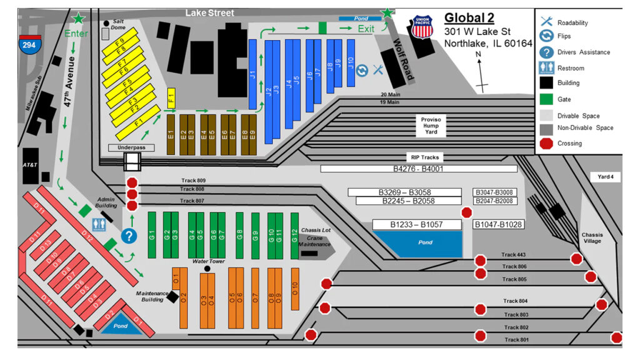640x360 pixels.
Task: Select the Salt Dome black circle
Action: [x=106, y=24]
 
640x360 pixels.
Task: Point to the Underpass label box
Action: [x=131, y=148]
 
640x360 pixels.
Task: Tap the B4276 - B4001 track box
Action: [x=418, y=169]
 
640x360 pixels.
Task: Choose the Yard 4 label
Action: [x=606, y=177]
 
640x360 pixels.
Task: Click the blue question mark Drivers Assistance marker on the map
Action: [x=129, y=236]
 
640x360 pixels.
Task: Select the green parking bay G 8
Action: [x=239, y=235]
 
